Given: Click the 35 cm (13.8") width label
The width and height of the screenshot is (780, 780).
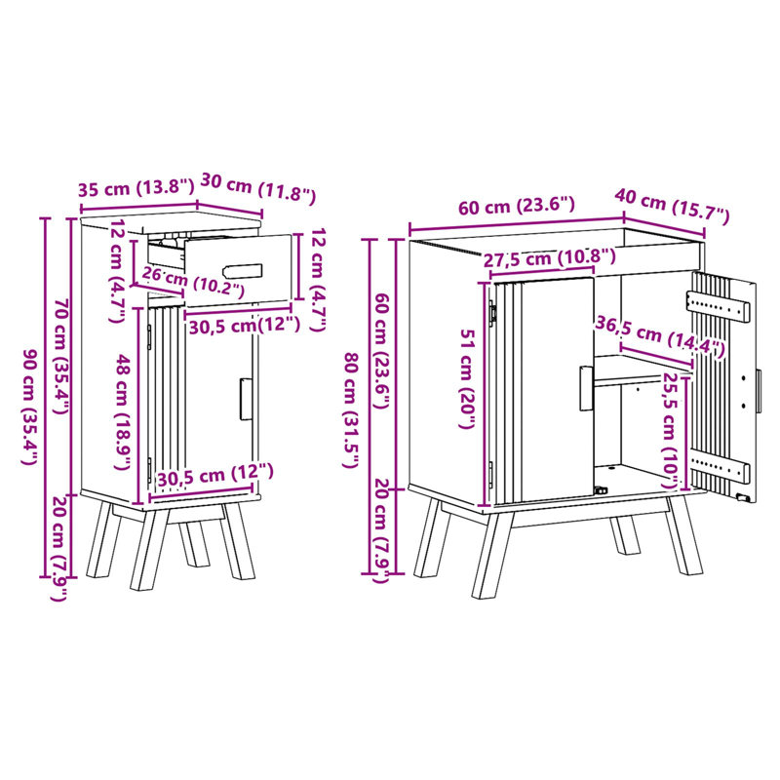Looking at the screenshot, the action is tap(136, 188).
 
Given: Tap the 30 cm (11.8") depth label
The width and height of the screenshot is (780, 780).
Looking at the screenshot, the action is tap(258, 188).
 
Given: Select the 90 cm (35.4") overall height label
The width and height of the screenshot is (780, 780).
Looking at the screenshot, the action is tap(30, 407).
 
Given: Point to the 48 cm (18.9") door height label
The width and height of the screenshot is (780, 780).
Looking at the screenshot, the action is tap(123, 411).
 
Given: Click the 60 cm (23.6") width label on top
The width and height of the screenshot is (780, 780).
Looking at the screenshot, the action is tap(517, 205).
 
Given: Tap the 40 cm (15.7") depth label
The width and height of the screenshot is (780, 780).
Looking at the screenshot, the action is tap(672, 204).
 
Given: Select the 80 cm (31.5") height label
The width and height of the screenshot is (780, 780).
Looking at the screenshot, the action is tap(351, 410).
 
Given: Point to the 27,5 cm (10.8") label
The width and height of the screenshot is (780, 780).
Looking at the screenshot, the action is tap(550, 257).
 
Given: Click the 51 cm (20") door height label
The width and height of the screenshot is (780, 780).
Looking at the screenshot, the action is tap(468, 378).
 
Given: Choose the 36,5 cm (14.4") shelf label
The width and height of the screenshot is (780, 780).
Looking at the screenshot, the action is tap(660, 336).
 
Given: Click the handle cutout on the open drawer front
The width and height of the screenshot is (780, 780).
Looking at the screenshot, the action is tap(243, 271).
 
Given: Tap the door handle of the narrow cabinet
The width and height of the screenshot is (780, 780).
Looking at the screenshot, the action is tap(246, 399).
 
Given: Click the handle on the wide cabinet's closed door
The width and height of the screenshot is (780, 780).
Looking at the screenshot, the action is tap(586, 388).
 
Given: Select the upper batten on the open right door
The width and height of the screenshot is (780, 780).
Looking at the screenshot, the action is tap(719, 305).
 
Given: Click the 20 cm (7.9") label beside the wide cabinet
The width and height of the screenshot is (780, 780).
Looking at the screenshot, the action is tap(383, 529).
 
